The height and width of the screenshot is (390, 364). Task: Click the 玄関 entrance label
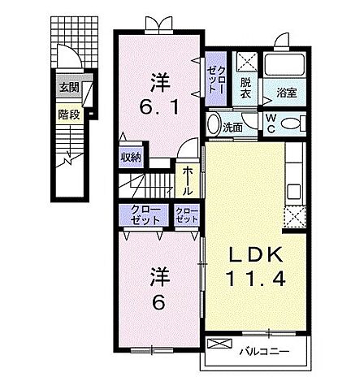coord(69,87)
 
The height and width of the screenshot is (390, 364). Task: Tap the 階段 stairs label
coord(69,115)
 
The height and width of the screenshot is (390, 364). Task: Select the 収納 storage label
coord(131,157)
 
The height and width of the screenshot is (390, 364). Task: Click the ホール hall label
coord(188,180)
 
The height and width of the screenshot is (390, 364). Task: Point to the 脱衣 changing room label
coord(245,88)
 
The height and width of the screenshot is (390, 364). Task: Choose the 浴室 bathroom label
coord(286,93)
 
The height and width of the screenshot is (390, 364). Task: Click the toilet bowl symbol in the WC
coord(292,123)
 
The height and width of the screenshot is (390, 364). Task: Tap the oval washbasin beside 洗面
coord(214,124)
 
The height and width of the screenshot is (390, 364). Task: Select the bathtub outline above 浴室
coord(284,64)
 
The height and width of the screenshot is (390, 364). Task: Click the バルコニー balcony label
coord(264,352)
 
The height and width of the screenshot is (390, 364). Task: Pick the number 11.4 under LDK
coord(256,279)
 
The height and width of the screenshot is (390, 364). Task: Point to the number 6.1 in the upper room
coord(159,106)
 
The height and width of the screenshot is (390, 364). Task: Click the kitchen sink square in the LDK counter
coord(294,191)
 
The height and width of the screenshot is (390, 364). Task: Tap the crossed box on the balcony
coord(219,344)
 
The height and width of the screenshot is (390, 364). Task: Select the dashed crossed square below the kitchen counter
coord(295,217)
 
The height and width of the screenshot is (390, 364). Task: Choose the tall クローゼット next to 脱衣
coord(215,79)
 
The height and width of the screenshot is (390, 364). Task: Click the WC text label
coord(271,123)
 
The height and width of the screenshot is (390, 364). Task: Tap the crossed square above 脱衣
coord(247,62)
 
